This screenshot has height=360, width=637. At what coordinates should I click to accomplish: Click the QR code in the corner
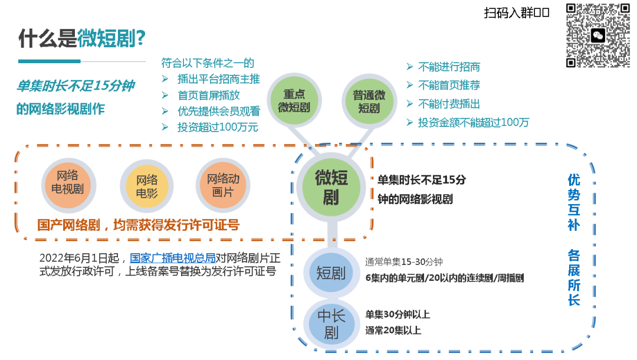(598, 35)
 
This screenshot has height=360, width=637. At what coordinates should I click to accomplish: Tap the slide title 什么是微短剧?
(82, 40)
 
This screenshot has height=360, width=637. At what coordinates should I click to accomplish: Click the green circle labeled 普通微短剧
(369, 102)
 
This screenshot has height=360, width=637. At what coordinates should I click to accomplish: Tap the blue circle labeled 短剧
(331, 273)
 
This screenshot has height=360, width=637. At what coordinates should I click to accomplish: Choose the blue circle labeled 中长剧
(331, 324)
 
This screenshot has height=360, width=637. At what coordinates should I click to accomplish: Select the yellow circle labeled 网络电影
(147, 186)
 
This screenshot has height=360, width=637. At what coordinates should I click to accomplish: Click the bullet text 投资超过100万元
(218, 127)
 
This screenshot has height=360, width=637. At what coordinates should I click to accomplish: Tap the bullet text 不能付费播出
(449, 104)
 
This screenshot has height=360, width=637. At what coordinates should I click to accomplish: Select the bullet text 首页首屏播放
(209, 95)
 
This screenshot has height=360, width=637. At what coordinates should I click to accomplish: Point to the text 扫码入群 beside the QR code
(517, 13)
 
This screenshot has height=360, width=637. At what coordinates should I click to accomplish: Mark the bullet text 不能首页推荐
(449, 86)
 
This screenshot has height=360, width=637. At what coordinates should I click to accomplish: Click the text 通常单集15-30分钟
(404, 262)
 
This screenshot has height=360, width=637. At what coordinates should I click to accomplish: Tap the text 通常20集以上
(393, 330)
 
